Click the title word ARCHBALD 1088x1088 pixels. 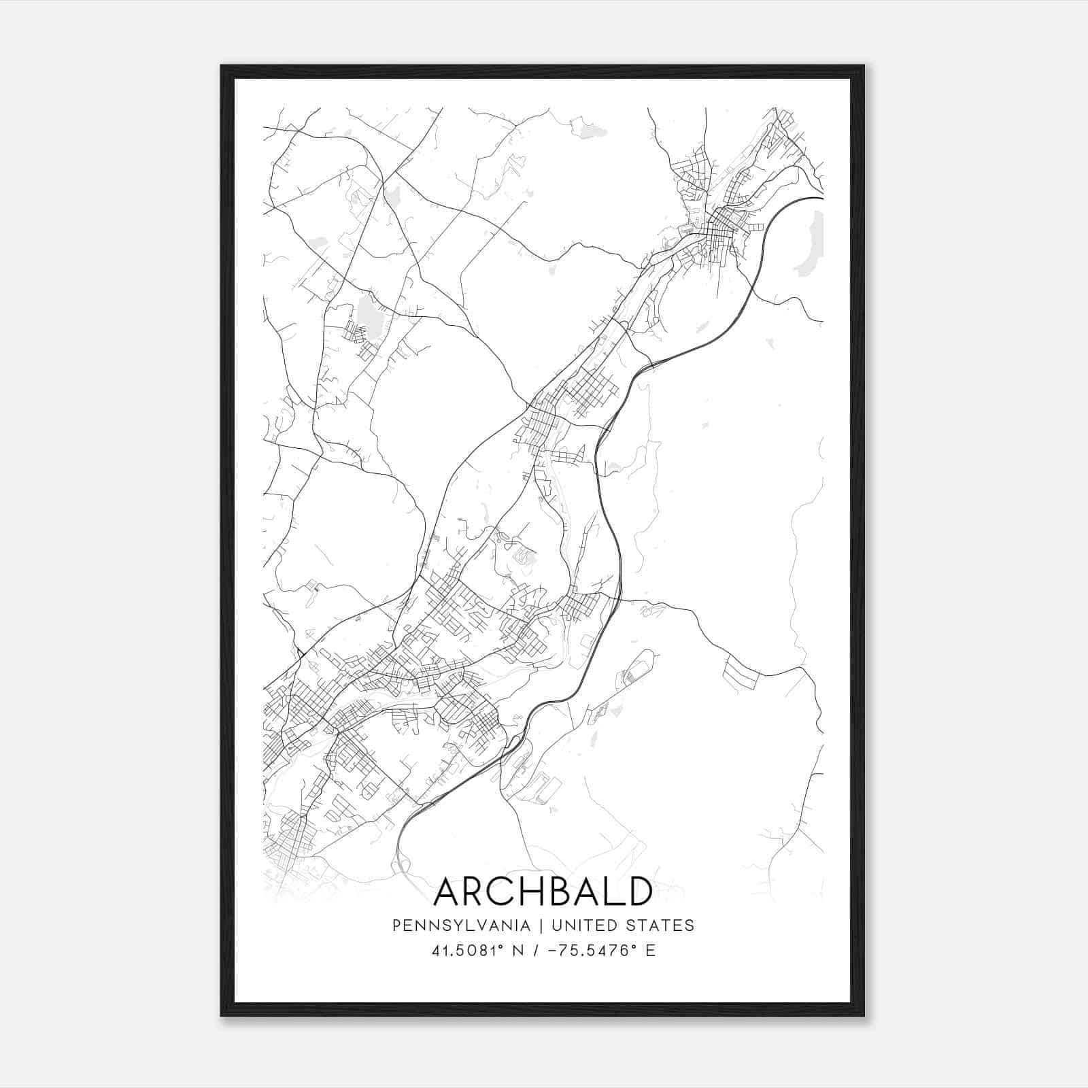543,891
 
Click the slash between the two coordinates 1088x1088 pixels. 538,951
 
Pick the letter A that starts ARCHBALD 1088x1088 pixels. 447,891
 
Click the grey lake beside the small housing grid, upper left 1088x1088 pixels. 368,313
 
